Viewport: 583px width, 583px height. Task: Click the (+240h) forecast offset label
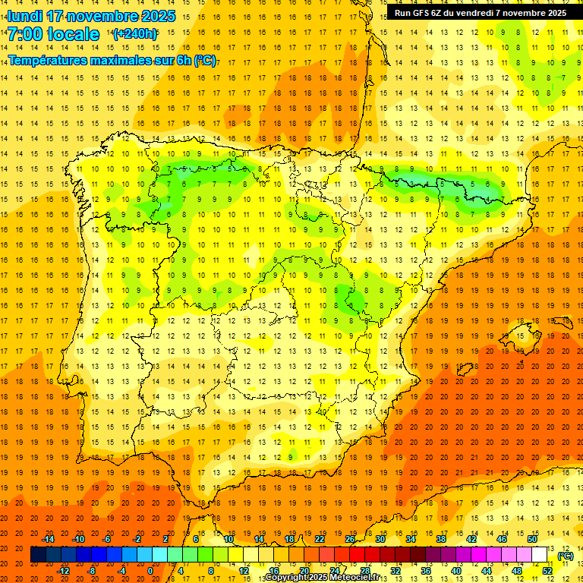click(x=135, y=34)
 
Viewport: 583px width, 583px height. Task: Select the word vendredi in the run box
click(x=477, y=13)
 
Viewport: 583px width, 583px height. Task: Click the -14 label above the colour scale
click(x=48, y=539)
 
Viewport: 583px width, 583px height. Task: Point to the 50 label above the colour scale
click(x=531, y=539)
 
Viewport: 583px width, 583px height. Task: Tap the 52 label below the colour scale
click(x=547, y=571)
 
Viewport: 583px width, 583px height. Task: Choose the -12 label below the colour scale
click(x=63, y=571)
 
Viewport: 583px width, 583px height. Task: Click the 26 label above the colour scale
click(x=350, y=539)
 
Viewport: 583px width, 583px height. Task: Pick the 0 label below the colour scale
click(x=150, y=571)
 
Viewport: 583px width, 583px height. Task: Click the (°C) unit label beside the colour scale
click(x=565, y=556)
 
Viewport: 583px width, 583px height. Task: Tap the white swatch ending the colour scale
click(x=540, y=555)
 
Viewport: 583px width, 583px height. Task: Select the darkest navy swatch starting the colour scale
click(x=38, y=555)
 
